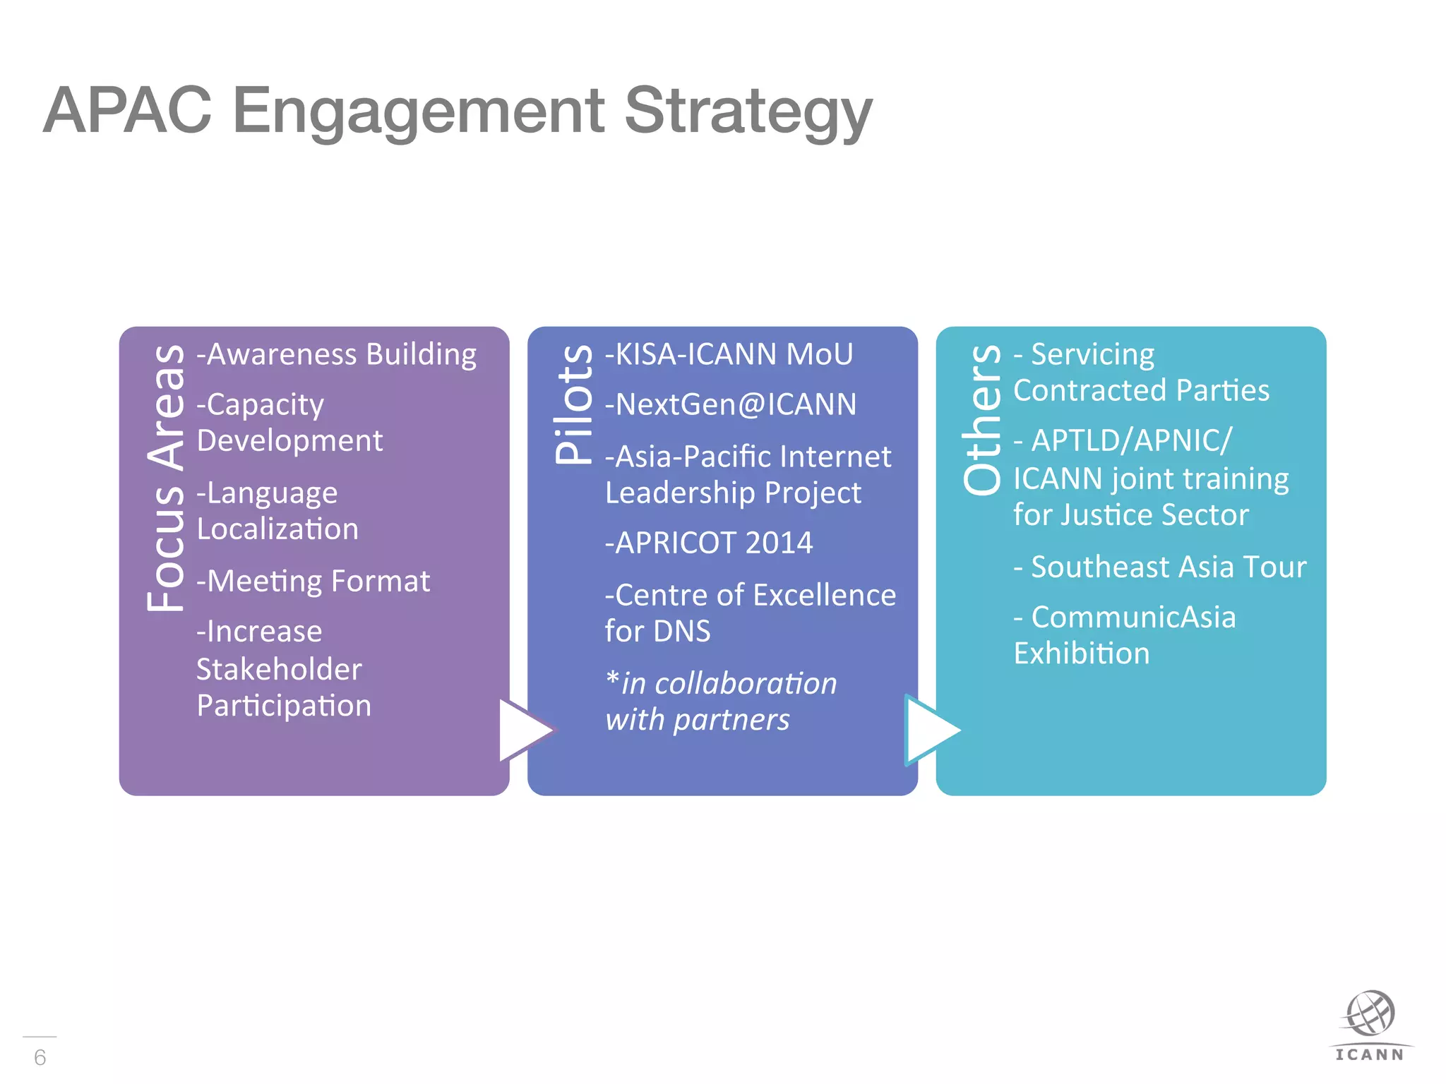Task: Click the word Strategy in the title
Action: point(748,112)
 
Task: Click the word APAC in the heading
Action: point(127,110)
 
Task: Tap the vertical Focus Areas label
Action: point(167,477)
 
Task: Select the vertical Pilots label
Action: point(574,404)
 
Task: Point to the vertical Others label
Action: point(982,419)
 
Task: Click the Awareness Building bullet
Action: point(337,354)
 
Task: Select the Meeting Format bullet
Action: point(313,582)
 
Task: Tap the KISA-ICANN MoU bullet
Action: point(729,354)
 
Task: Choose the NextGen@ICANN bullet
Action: point(731,405)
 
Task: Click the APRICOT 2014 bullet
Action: point(709,543)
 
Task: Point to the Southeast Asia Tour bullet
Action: point(1160,567)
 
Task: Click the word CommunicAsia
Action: point(1133,618)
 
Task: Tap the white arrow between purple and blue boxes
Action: point(523,730)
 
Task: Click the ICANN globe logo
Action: point(1370,1015)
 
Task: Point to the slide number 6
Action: point(40,1057)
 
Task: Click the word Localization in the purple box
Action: point(277,529)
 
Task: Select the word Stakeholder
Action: point(279,669)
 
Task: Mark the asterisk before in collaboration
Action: point(612,679)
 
